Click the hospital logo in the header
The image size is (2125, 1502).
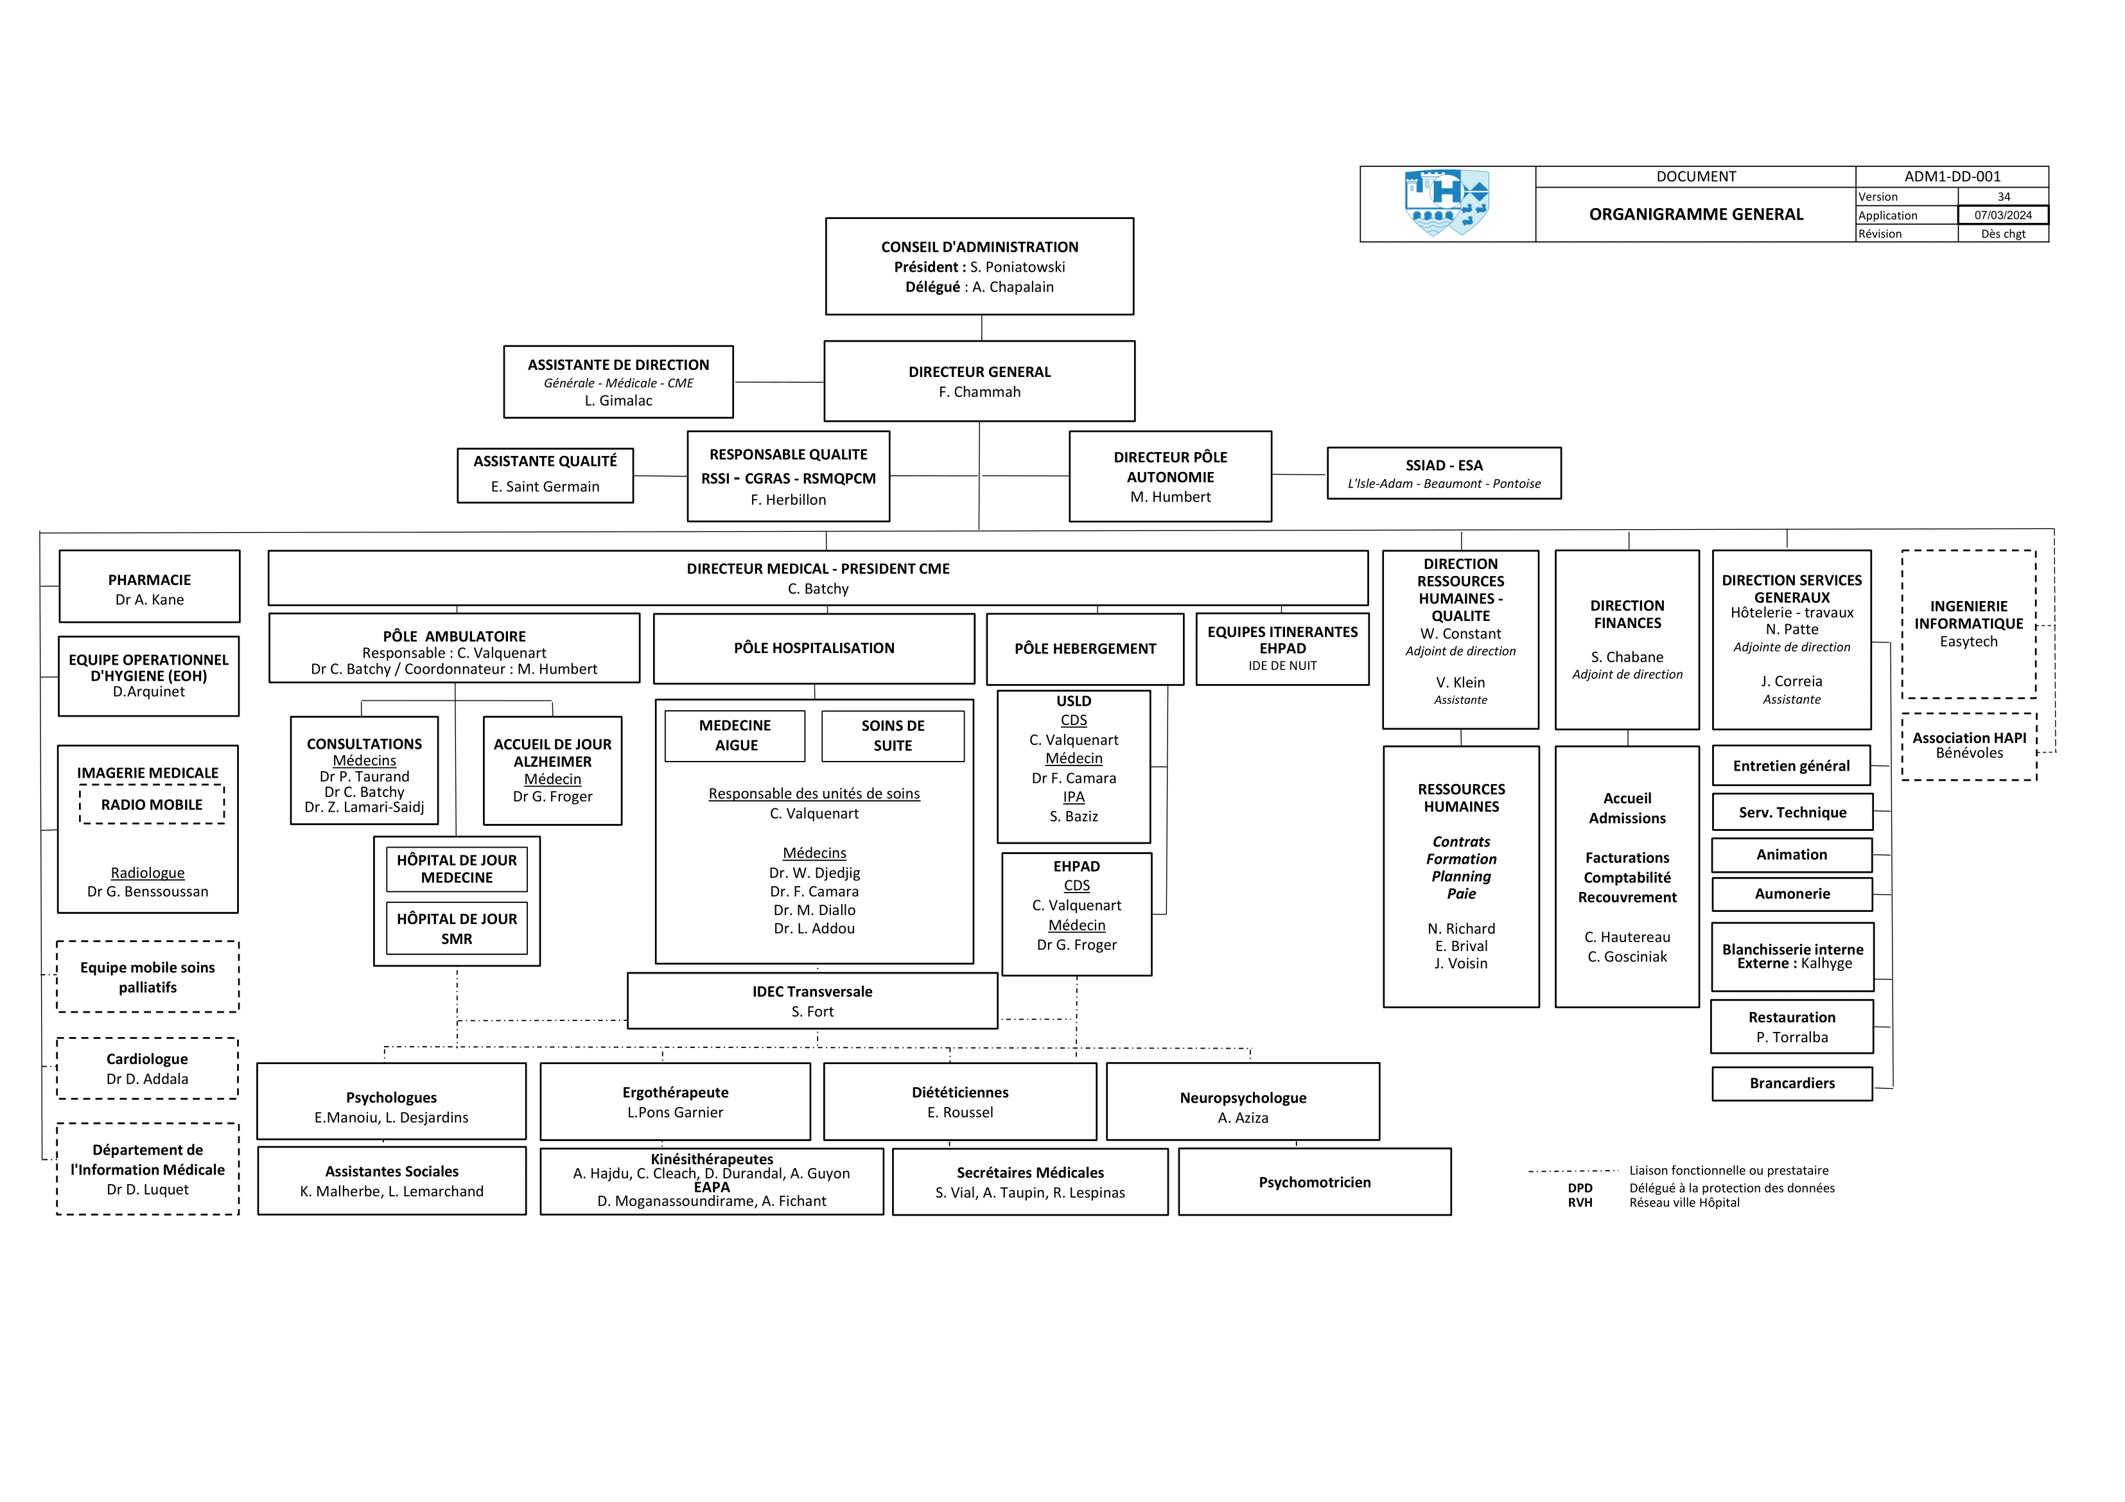pyautogui.click(x=1447, y=203)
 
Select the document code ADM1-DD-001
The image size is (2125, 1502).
pyautogui.click(x=1952, y=177)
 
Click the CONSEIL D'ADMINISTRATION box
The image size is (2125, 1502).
pyautogui.click(x=979, y=266)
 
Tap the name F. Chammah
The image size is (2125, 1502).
pyautogui.click(x=979, y=392)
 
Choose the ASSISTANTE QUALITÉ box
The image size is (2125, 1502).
pyautogui.click(x=545, y=475)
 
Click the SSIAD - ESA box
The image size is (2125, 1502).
pyautogui.click(x=1444, y=474)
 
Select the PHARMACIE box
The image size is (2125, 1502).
pyautogui.click(x=149, y=587)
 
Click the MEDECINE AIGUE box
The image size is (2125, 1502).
pyautogui.click(x=735, y=736)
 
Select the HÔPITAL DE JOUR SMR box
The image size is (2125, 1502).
pyautogui.click(x=457, y=928)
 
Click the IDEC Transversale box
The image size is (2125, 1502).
pyautogui.click(x=812, y=1001)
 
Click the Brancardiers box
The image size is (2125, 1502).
pyautogui.click(x=1792, y=1084)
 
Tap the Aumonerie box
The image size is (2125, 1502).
pyautogui.click(x=1792, y=894)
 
